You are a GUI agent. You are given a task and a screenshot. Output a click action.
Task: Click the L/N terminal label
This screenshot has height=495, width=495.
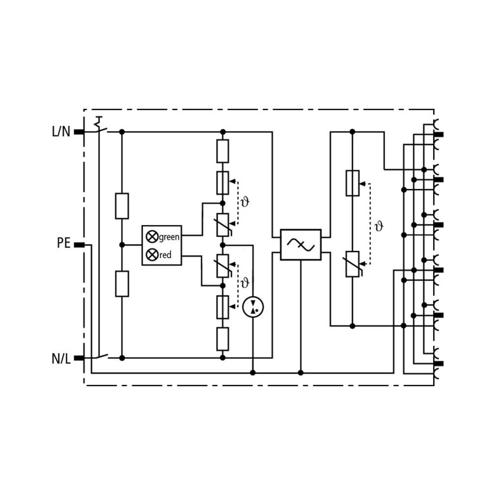point(61,132)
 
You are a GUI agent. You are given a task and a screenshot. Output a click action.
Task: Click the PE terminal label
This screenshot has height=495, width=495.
point(63,243)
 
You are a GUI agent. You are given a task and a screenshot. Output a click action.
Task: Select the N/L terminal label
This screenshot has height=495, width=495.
point(61,359)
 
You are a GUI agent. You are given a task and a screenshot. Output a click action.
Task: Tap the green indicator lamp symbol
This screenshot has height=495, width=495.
point(152,236)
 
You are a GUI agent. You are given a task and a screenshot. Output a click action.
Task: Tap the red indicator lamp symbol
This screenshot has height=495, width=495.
point(152,254)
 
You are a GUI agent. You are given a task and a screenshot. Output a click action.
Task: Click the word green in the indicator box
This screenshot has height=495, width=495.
point(169,237)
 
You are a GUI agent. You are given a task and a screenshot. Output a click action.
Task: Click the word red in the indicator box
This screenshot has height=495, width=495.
point(166,255)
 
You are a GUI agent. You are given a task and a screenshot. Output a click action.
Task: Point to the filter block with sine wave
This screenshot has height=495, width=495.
point(300,245)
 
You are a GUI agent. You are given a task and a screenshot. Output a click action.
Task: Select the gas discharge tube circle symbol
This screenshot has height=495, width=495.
point(253,306)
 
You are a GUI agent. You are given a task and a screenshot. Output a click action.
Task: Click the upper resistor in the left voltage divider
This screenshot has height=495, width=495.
point(122,206)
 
